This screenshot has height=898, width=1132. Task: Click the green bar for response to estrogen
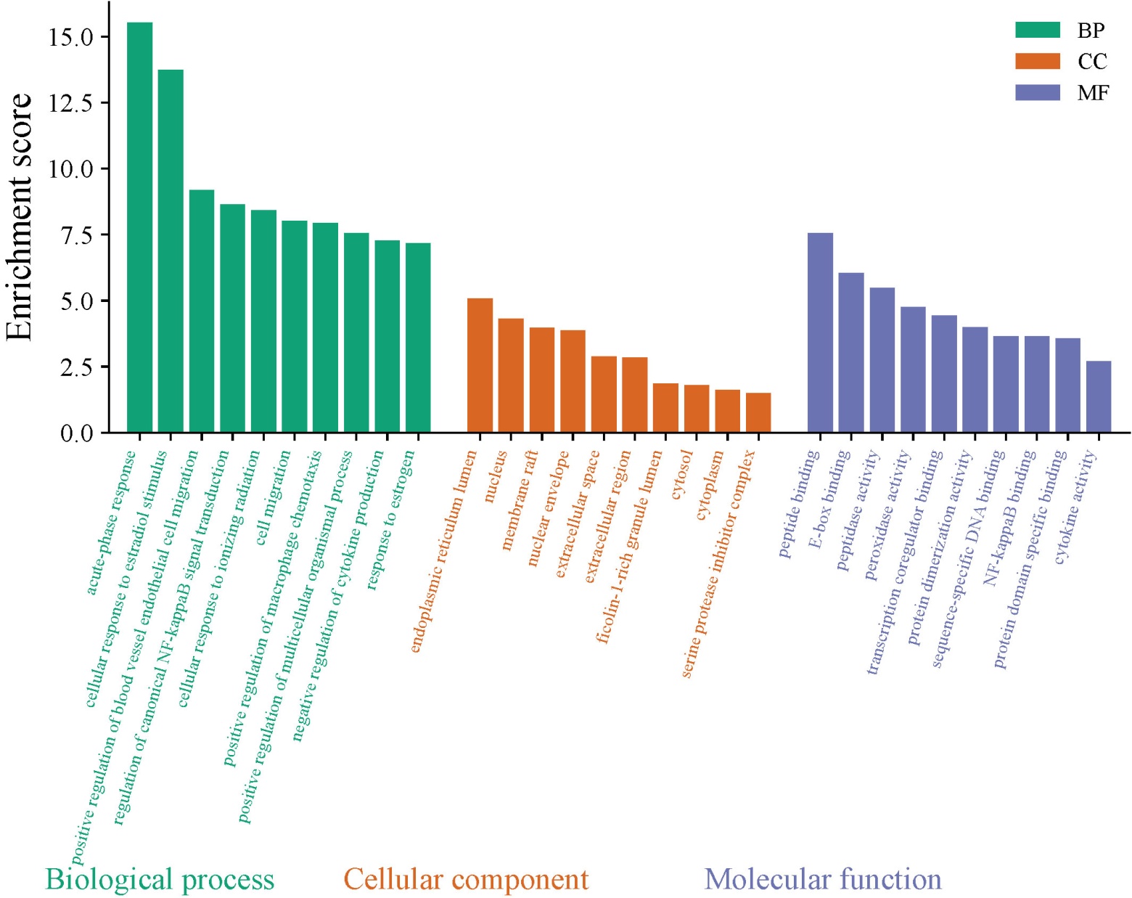[418, 338]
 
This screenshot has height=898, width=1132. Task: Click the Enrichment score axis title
[20, 216]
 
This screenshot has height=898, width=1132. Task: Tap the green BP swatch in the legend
[1038, 30]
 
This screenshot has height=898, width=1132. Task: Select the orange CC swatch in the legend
[1038, 61]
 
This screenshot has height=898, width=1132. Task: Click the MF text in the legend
[1093, 93]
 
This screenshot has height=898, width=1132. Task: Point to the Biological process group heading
[160, 879]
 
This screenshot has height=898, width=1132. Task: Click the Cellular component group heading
[466, 879]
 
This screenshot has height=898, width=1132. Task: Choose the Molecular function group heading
[823, 879]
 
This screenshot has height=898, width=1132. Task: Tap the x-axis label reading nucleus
[496, 476]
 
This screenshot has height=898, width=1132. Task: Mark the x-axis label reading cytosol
[682, 475]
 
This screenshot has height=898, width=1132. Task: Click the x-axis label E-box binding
[829, 499]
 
